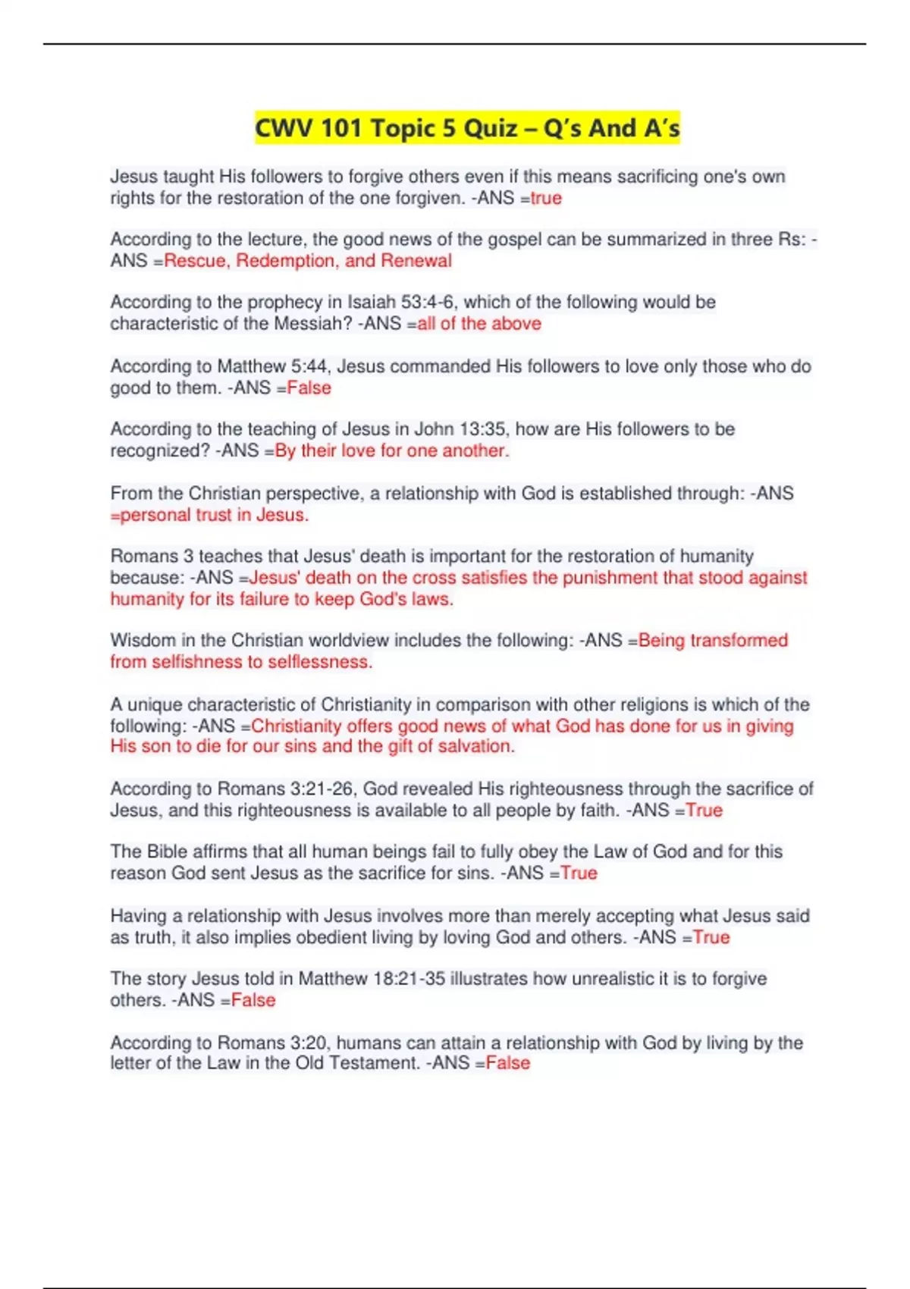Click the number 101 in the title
pyautogui.click(x=340, y=128)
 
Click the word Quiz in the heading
pyautogui.click(x=491, y=128)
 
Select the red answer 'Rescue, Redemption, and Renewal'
pyautogui.click(x=308, y=261)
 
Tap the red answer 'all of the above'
pyautogui.click(x=479, y=324)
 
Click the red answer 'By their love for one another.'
pyautogui.click(x=392, y=451)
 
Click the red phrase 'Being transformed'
pyautogui.click(x=713, y=641)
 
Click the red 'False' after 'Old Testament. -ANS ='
pyautogui.click(x=507, y=1063)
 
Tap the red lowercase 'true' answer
pyautogui.click(x=546, y=199)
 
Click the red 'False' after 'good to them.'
pyautogui.click(x=309, y=388)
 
